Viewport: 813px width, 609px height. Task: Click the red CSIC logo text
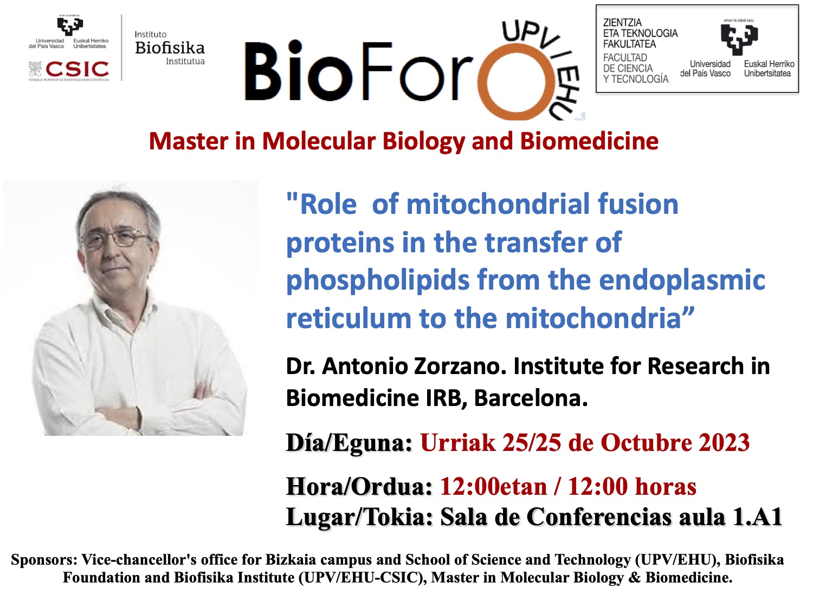77,69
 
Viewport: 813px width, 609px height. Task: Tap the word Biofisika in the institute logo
170,48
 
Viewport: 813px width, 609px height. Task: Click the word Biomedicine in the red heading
589,142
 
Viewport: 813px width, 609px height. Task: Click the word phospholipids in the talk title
378,281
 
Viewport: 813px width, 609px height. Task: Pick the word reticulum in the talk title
349,318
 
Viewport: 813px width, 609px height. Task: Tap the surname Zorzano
460,366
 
